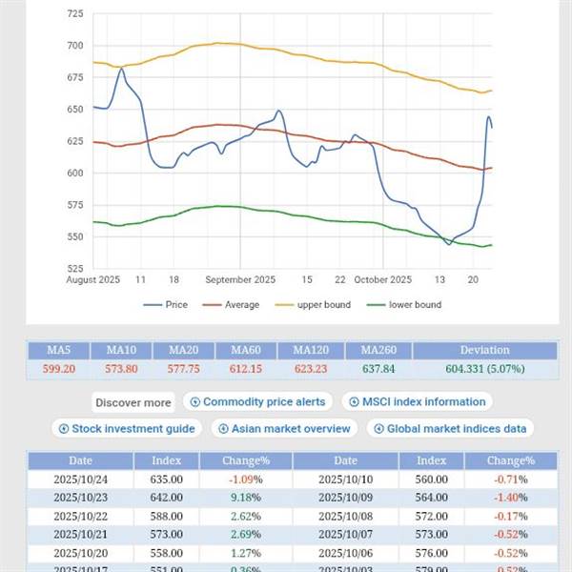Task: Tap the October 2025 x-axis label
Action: coord(382,279)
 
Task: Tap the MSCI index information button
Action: coord(417,402)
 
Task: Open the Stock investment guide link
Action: coord(128,429)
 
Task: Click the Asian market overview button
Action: coord(285,429)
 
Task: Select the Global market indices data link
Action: coord(449,429)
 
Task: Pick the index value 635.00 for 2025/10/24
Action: coord(166,479)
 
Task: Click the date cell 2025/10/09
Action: coord(345,496)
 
